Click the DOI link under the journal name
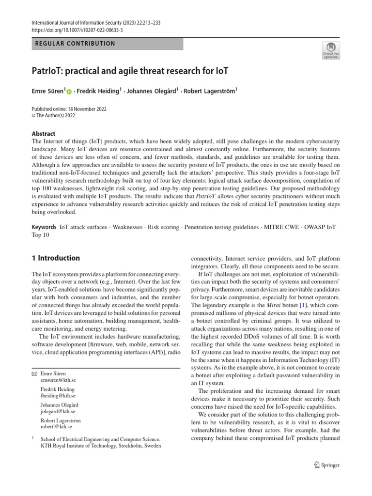click(x=77, y=30)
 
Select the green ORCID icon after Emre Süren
click(x=69, y=91)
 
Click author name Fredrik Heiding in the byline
click(x=97, y=90)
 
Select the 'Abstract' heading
click(x=43, y=134)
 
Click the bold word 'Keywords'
click(x=44, y=227)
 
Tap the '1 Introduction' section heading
click(x=55, y=258)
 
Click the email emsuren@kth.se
click(x=58, y=380)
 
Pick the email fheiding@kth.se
click(x=58, y=396)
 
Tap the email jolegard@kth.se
click(x=58, y=411)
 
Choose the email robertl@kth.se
click(x=57, y=427)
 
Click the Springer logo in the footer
click(x=325, y=465)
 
